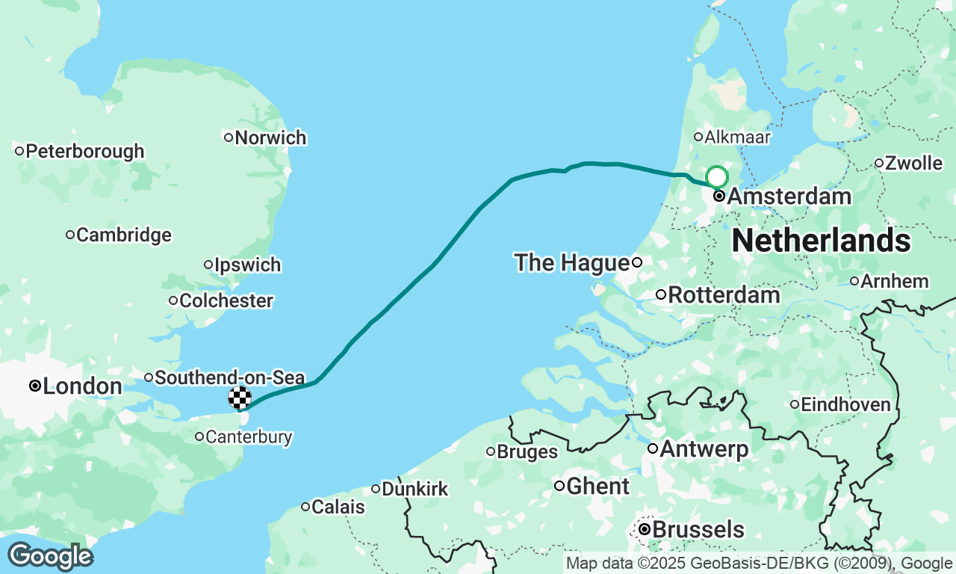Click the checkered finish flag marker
click(x=240, y=398)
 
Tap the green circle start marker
click(x=716, y=177)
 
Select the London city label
click(x=82, y=386)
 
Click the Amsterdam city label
click(x=788, y=197)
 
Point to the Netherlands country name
click(x=821, y=241)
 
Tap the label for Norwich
click(x=270, y=138)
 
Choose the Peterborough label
click(x=84, y=151)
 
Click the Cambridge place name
click(x=123, y=235)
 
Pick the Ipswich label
click(x=247, y=265)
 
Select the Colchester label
click(x=226, y=300)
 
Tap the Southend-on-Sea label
click(x=229, y=377)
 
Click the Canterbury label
click(x=249, y=436)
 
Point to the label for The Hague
click(x=571, y=262)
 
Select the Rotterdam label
click(x=724, y=295)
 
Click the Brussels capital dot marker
click(x=645, y=529)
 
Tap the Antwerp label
click(x=704, y=449)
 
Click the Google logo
click(x=50, y=556)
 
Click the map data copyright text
click(x=759, y=564)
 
